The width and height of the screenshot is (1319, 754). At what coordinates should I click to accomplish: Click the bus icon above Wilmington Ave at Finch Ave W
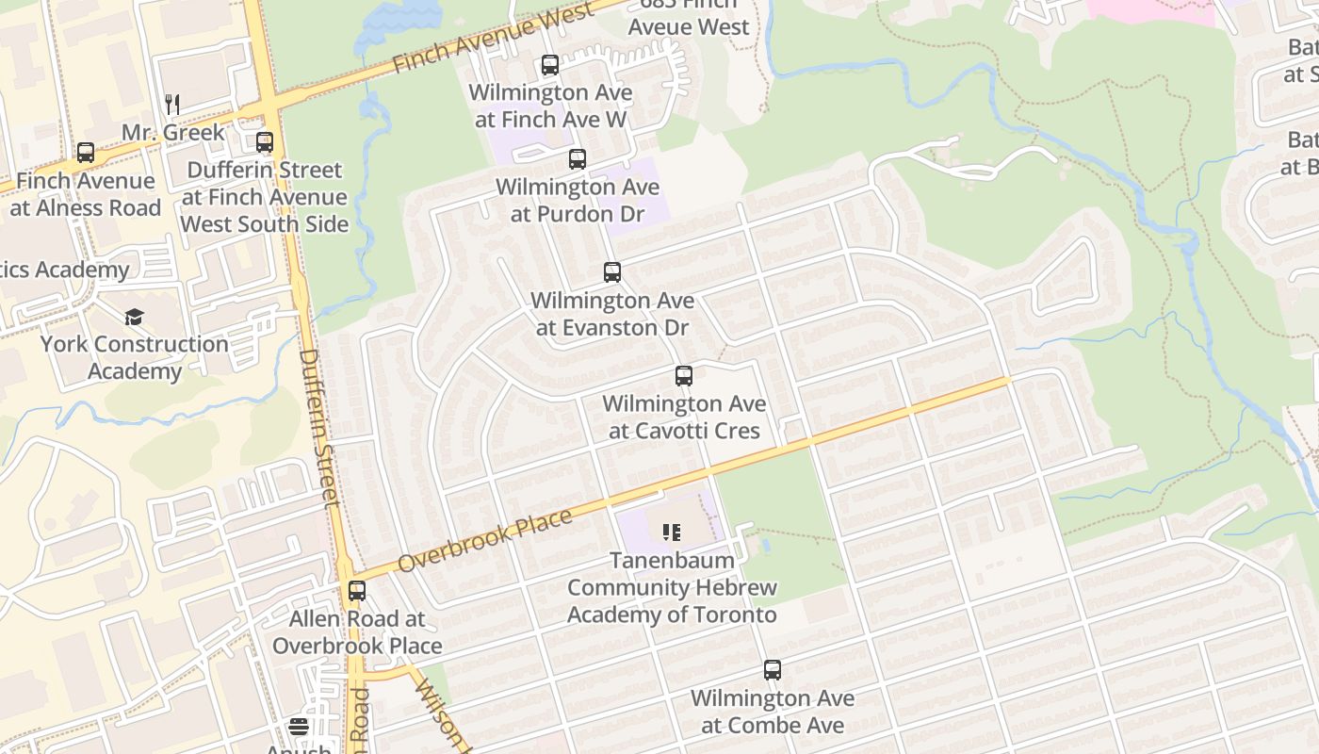(x=550, y=65)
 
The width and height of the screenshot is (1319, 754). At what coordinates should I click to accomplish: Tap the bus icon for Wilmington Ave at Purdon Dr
(x=578, y=159)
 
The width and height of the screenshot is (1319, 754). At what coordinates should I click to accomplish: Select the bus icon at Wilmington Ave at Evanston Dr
(x=612, y=272)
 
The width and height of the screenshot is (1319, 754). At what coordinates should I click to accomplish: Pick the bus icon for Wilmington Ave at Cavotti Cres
(x=684, y=376)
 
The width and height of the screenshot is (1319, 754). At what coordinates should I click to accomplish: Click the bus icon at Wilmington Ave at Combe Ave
(x=773, y=670)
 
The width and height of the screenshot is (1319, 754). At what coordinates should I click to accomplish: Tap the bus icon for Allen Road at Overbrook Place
(x=357, y=591)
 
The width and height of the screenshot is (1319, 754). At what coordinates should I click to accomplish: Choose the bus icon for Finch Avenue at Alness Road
(x=86, y=153)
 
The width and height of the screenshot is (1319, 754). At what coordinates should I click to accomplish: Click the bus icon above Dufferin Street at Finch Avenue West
(x=265, y=142)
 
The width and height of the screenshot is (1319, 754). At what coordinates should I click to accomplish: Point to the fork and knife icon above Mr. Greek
(x=172, y=104)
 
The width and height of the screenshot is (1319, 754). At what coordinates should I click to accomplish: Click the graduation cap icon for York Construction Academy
(x=135, y=316)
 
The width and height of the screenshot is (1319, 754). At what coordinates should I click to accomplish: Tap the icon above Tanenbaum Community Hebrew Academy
(x=672, y=533)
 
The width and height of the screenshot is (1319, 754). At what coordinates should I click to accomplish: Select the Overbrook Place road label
(x=485, y=541)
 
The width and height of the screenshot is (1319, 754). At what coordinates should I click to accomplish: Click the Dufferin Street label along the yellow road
(x=318, y=429)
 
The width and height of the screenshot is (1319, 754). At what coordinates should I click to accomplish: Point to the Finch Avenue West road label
(x=494, y=37)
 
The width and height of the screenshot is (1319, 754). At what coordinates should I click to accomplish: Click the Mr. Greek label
(x=173, y=132)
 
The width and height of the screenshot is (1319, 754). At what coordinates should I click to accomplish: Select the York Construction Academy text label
(x=135, y=357)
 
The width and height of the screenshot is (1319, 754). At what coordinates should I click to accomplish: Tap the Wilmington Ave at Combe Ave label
(x=773, y=712)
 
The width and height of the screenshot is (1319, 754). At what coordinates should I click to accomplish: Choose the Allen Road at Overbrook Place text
(x=357, y=632)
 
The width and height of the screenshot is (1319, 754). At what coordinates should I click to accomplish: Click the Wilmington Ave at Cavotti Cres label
(x=684, y=418)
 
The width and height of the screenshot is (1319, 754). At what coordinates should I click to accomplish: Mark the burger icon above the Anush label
(x=299, y=727)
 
